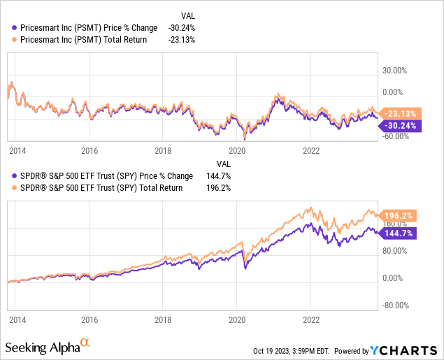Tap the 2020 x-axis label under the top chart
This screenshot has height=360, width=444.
[238, 150]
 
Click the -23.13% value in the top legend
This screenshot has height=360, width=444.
[181, 39]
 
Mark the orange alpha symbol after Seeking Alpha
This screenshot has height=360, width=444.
[85, 342]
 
